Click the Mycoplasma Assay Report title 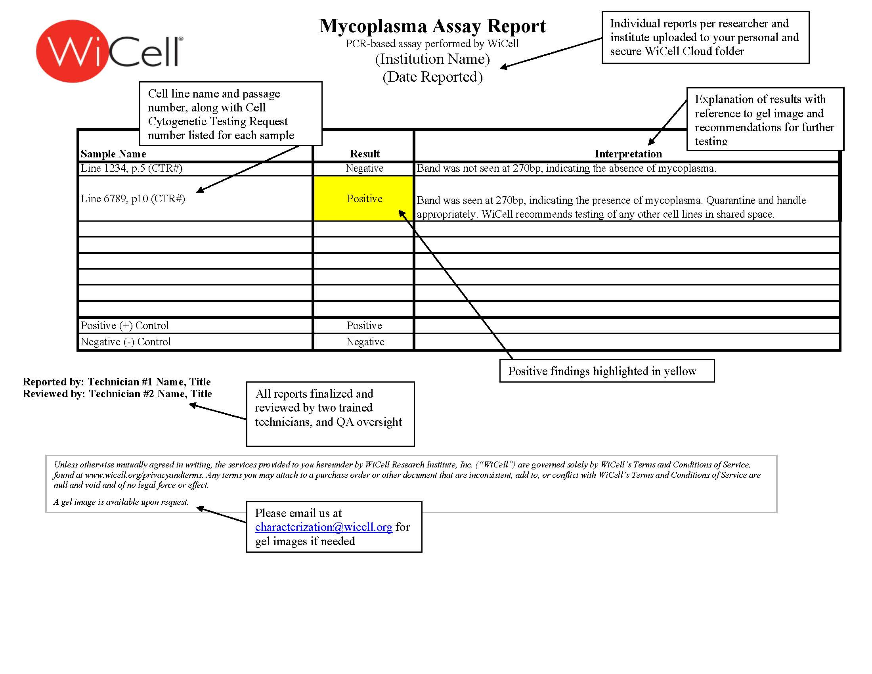[x=432, y=26]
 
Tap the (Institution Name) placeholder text [x=432, y=59]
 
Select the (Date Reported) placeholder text [x=432, y=77]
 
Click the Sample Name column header [x=113, y=154]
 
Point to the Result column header [x=364, y=154]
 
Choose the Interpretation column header [x=628, y=154]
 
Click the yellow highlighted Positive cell [x=364, y=199]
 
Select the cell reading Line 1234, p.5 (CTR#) [x=131, y=168]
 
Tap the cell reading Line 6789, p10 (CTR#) [x=133, y=199]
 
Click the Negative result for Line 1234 [x=364, y=168]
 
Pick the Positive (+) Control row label [x=124, y=326]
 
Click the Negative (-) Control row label [x=126, y=342]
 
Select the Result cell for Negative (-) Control [x=365, y=342]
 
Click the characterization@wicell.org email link [x=323, y=527]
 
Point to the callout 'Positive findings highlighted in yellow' [x=606, y=371]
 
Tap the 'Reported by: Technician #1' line [x=116, y=382]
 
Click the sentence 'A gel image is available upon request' [x=121, y=502]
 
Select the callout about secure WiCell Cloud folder [x=705, y=38]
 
